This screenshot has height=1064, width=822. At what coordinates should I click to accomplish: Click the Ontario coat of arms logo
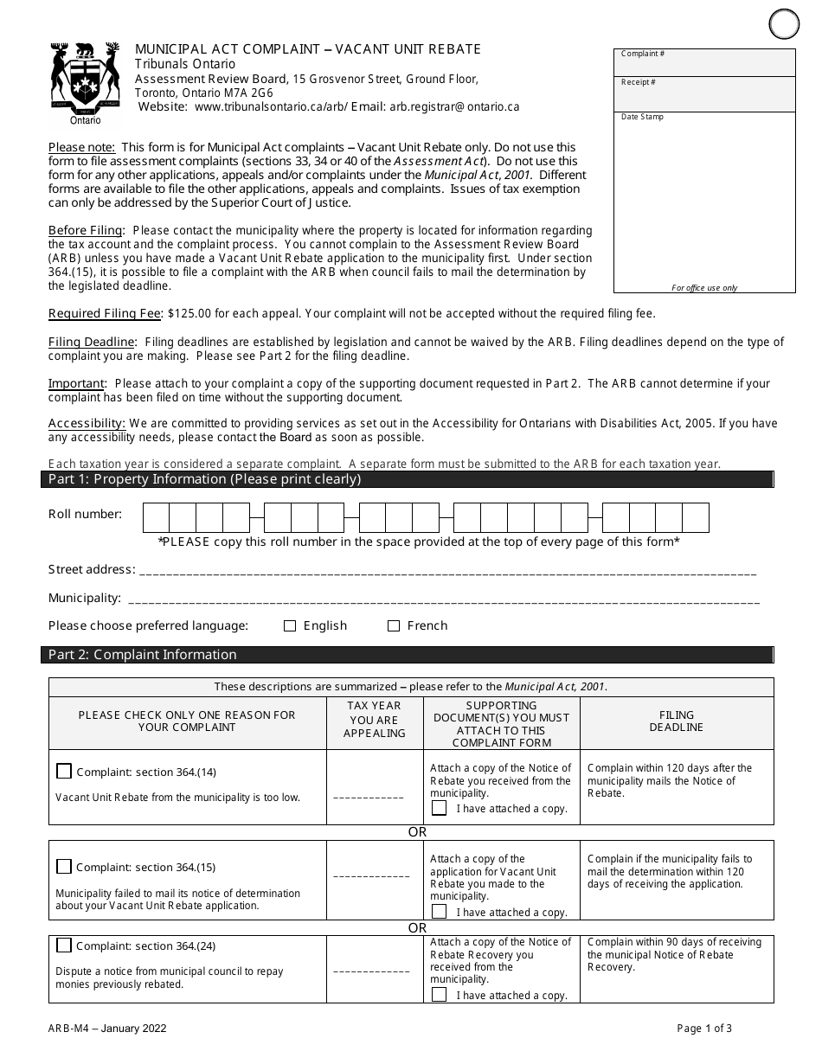click(85, 81)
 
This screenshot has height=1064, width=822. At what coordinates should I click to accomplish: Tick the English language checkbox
click(290, 626)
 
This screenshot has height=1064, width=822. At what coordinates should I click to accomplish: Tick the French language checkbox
click(394, 626)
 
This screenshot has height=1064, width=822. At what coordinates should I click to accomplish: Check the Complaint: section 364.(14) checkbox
click(64, 772)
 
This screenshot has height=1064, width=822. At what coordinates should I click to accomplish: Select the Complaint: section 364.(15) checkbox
click(64, 867)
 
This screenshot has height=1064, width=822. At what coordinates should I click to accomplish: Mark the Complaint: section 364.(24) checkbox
click(64, 945)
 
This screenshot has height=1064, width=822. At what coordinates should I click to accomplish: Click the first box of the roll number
click(156, 517)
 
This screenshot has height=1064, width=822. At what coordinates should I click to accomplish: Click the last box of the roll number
click(696, 517)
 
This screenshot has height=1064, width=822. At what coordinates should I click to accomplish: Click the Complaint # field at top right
click(704, 63)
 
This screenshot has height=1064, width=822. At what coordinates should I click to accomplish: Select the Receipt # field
click(704, 93)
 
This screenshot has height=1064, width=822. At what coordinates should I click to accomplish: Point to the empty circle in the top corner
click(784, 23)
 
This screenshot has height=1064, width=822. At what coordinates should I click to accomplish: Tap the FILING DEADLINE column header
click(676, 721)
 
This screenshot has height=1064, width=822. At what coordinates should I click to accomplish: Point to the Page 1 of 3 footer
click(704, 1029)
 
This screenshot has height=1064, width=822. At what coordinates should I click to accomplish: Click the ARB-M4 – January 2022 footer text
click(107, 1029)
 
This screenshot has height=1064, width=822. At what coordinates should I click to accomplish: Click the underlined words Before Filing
click(86, 231)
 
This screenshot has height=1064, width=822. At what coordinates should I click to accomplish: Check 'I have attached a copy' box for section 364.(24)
click(440, 995)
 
